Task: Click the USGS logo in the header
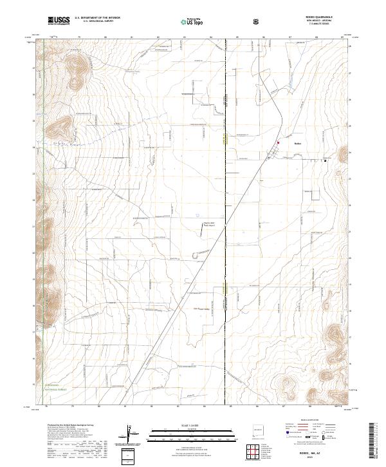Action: point(59,21)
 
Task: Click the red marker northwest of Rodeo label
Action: point(278,142)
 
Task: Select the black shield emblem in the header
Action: point(257,21)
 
